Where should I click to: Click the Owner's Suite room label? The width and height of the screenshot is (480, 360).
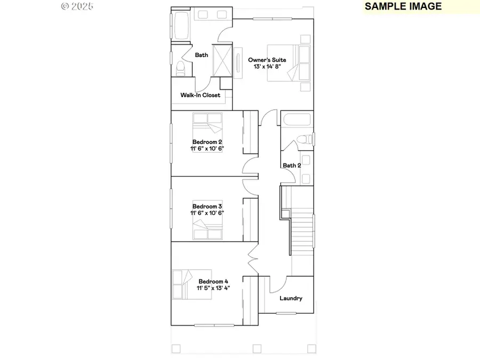(x=267, y=60)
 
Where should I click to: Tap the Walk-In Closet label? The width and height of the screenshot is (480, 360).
(x=200, y=95)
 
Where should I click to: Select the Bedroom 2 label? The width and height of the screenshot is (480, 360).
(x=207, y=141)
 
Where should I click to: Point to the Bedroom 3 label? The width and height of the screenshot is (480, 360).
(x=207, y=206)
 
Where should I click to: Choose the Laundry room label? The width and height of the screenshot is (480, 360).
(x=291, y=298)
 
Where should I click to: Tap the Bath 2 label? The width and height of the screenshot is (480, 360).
(x=292, y=165)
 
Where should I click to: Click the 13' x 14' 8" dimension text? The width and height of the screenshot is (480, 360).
(x=267, y=67)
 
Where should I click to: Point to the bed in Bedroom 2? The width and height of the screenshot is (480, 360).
(x=207, y=124)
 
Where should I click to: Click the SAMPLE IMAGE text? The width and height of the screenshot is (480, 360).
(x=403, y=6)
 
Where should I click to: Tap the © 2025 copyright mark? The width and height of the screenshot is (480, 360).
(x=77, y=6)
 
